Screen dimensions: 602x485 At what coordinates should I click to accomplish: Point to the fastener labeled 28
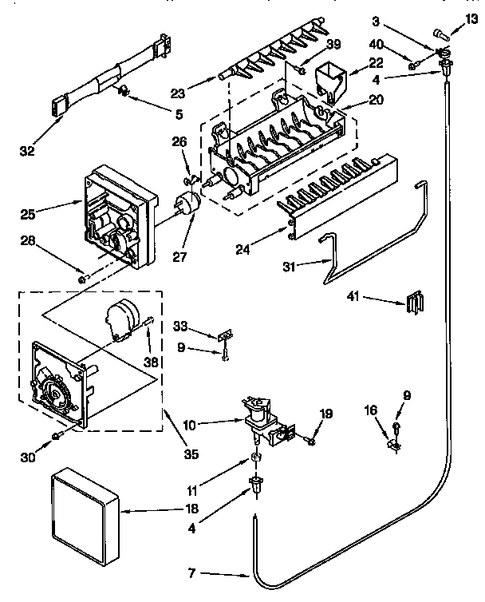pyautogui.click(x=82, y=277)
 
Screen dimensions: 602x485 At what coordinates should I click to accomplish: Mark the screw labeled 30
pyautogui.click(x=57, y=435)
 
